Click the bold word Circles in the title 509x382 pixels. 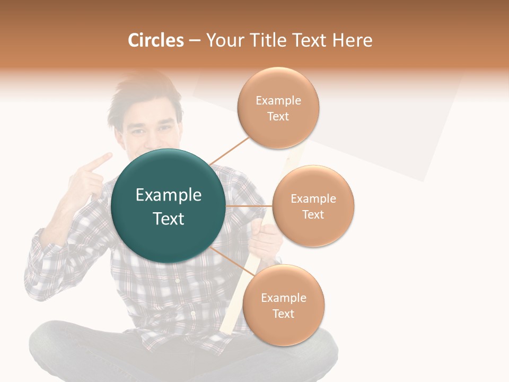click(156, 40)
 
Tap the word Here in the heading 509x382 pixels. click(352, 40)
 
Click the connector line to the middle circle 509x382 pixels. click(249, 206)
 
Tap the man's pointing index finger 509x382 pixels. click(101, 161)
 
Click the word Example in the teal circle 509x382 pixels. click(168, 195)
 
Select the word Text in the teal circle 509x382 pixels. click(168, 219)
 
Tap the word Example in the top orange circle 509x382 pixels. click(278, 100)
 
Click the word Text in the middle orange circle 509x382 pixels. click(313, 214)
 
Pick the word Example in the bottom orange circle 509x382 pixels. click(284, 298)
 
